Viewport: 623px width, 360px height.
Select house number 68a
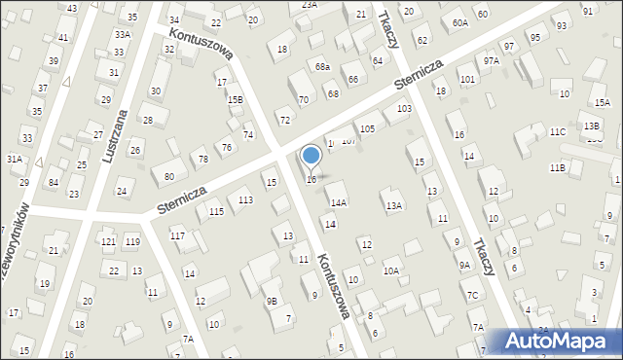[x=322, y=66]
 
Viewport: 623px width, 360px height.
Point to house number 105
[x=367, y=128]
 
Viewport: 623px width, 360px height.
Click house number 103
[x=403, y=109]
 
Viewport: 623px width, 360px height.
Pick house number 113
[x=246, y=199]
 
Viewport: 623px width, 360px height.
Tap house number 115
[x=216, y=211]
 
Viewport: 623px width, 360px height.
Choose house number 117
[x=177, y=235]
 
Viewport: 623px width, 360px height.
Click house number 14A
[x=338, y=202]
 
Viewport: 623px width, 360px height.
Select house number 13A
[x=393, y=205]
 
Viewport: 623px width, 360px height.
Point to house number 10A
[x=390, y=270]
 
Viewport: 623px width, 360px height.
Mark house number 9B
[x=272, y=301]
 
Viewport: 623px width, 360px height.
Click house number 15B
[x=235, y=99]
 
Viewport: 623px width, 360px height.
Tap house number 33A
[x=121, y=34]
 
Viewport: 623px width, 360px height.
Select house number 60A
[x=460, y=21]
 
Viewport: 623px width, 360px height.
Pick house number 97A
[x=492, y=60]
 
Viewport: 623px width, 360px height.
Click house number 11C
[x=556, y=131]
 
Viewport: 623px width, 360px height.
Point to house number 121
[x=108, y=241]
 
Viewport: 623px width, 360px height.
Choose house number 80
[x=169, y=176]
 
